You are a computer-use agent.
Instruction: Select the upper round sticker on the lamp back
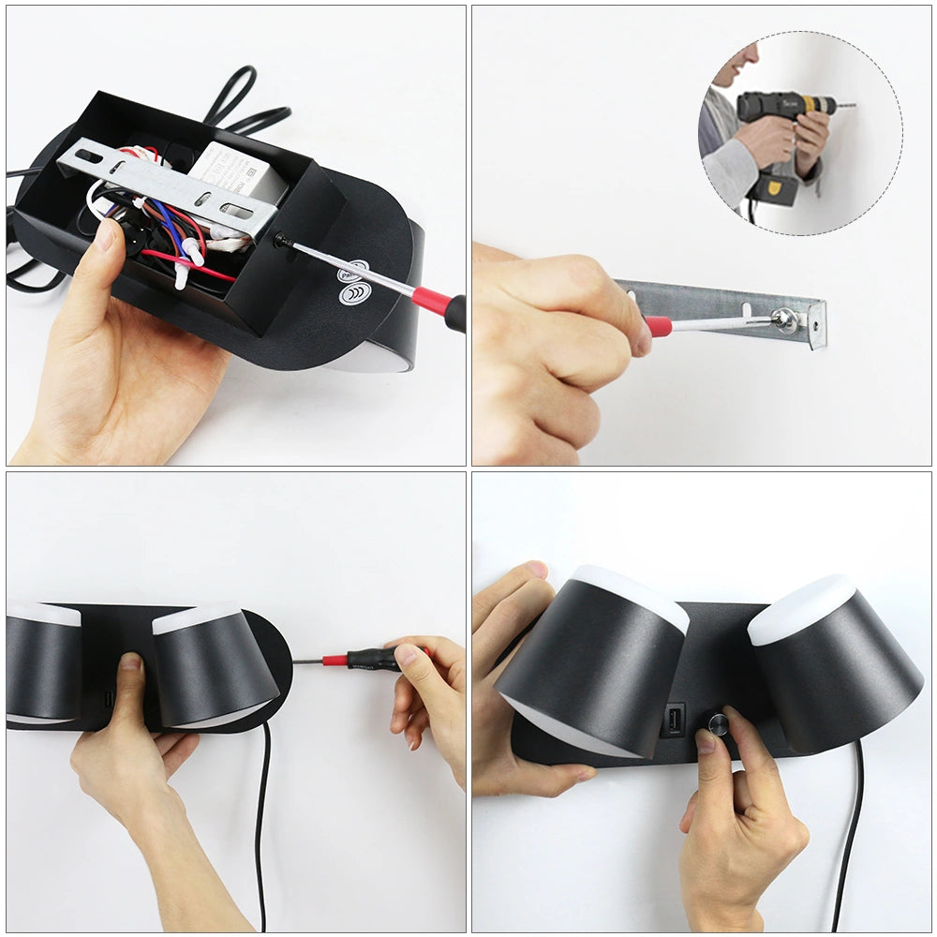pos(351,271)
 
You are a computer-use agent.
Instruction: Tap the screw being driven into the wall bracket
pos(783,320)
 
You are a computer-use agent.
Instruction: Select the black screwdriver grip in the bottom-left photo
pos(370,659)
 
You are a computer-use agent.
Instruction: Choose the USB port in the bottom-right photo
pos(673,720)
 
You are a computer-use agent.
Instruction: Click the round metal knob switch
pos(719,723)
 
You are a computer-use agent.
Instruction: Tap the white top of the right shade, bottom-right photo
pos(801,607)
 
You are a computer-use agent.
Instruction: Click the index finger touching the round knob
pos(740,740)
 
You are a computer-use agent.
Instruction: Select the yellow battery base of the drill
pos(778,187)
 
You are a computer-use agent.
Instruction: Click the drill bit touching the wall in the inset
pos(843,106)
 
